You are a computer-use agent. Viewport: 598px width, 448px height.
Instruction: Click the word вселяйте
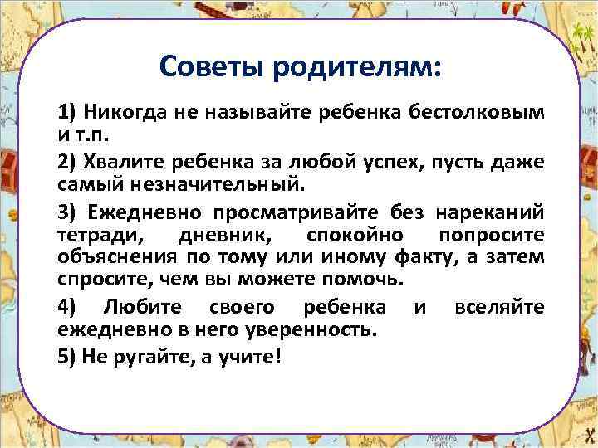click(x=499, y=307)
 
